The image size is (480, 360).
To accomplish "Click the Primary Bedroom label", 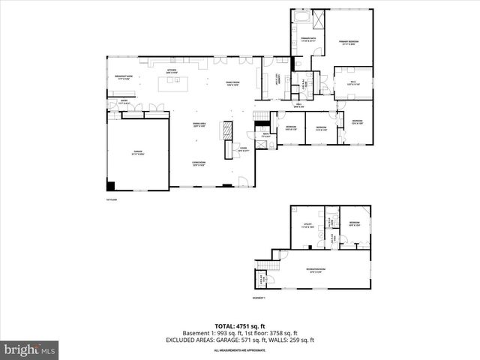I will point(349,42).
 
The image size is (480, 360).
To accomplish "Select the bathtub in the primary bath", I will point(301,16).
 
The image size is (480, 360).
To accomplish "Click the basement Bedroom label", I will point(354,223).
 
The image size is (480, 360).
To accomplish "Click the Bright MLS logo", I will point(30,349).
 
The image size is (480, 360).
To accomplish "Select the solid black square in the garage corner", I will point(111,185).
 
